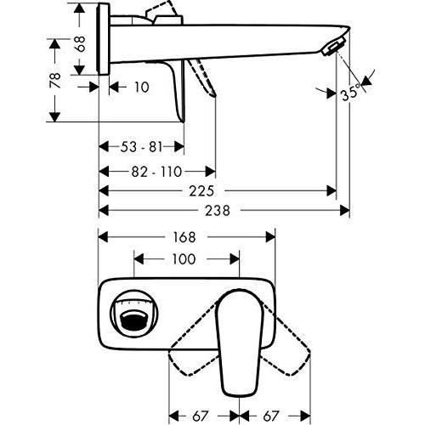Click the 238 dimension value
point(218,211)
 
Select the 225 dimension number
point(201,191)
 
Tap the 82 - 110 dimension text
point(156,172)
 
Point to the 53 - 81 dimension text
point(141,147)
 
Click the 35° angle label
point(352,92)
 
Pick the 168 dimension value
point(184,237)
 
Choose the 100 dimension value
point(184,259)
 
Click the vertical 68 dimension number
point(81,43)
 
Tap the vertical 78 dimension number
point(55,81)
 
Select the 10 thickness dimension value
point(141,87)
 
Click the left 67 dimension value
point(200,416)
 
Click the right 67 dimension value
point(271,416)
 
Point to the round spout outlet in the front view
point(133,314)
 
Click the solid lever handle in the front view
point(240,342)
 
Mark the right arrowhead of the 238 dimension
point(344,211)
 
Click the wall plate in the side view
point(103,39)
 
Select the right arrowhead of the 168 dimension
point(270,237)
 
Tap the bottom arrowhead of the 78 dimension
point(54,116)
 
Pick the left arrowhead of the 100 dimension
point(139,259)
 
